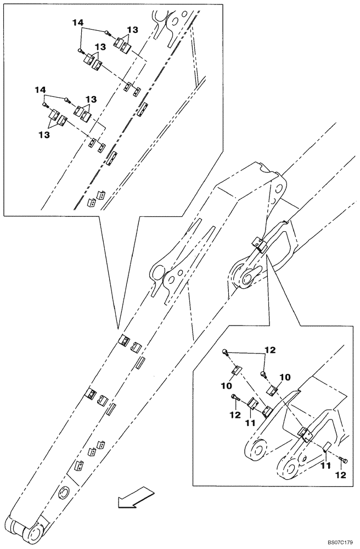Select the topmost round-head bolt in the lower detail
tap(224, 351)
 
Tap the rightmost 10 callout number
tap(285, 377)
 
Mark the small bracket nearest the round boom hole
tap(78, 467)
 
